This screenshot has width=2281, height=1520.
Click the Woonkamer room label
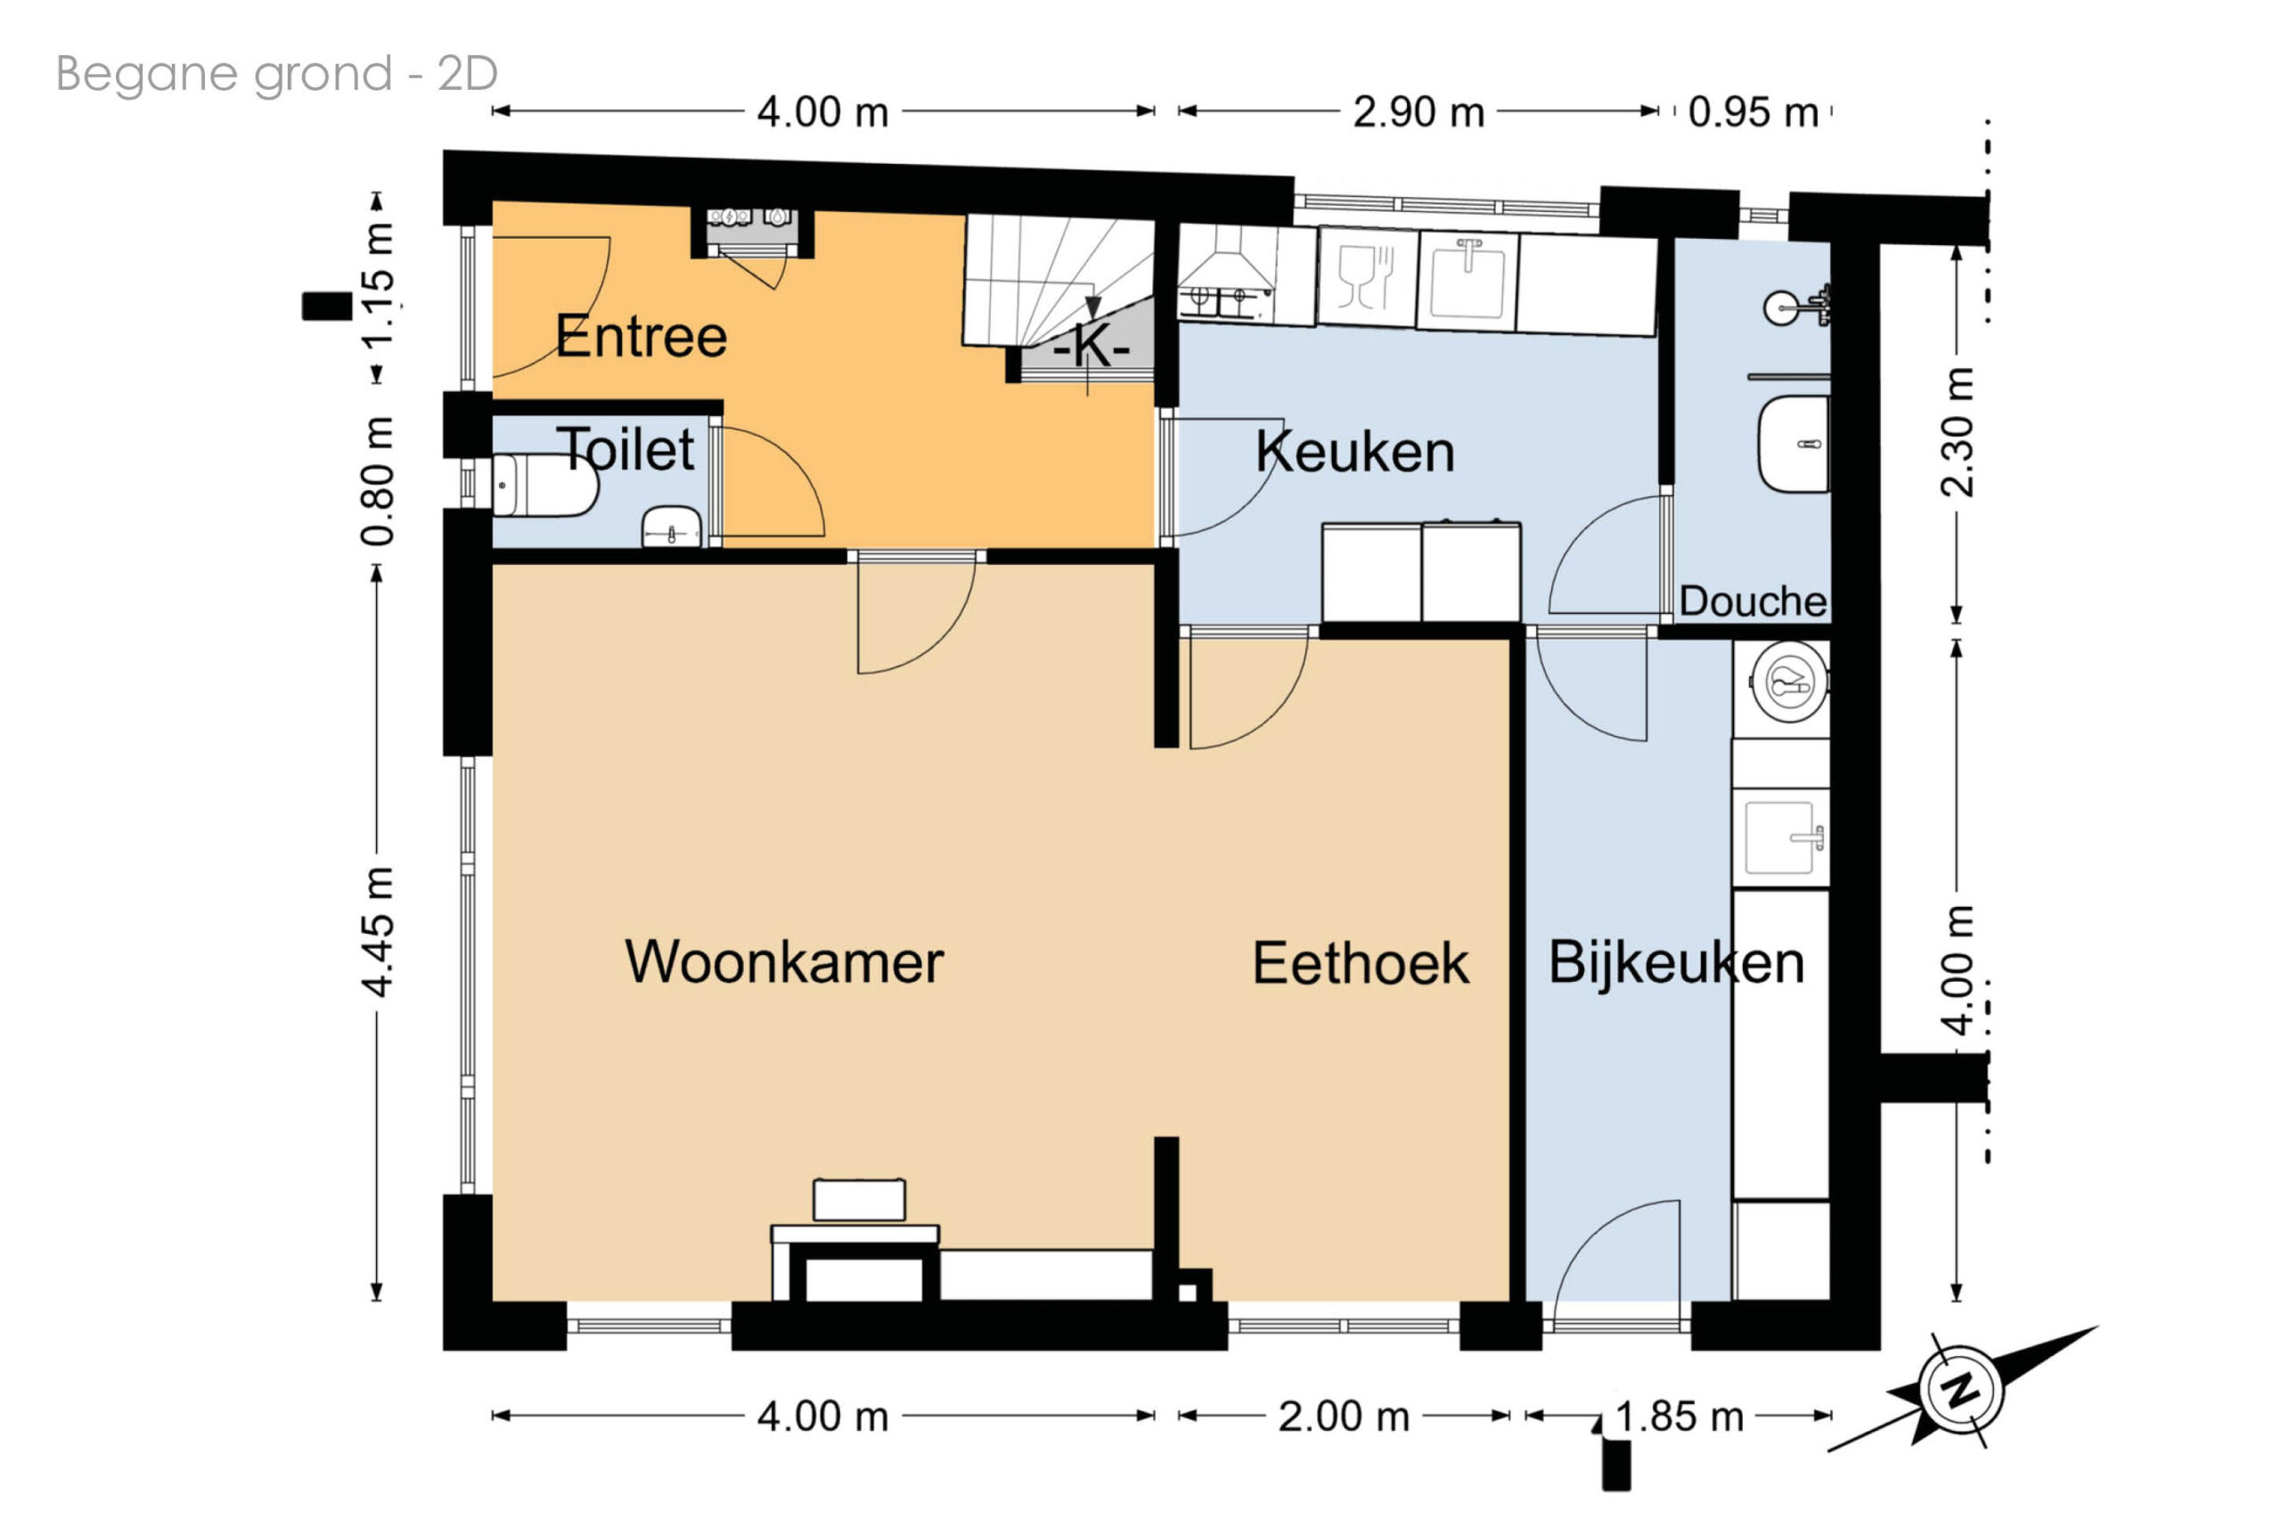[x=783, y=962]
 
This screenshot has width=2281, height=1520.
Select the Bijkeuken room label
[x=1676, y=963]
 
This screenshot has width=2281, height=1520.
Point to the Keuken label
[x=1355, y=452]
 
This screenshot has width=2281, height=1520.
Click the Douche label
[x=1753, y=601]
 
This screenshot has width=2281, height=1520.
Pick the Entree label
[x=641, y=337]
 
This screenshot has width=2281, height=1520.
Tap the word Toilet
[x=626, y=449]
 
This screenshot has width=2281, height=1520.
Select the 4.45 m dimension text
[x=379, y=933]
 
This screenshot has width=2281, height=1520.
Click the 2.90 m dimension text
[x=1418, y=112]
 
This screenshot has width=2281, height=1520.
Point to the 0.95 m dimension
[x=1753, y=112]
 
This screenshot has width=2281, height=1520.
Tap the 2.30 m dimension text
[x=1958, y=432]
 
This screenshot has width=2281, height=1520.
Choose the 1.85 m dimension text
[x=1680, y=1418]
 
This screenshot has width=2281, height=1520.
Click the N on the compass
[x=1961, y=1390]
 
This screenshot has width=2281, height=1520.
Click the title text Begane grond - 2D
[x=276, y=74]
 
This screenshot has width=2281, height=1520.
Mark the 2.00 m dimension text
[x=1343, y=1418]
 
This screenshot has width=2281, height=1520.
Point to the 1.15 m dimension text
[x=379, y=284]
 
